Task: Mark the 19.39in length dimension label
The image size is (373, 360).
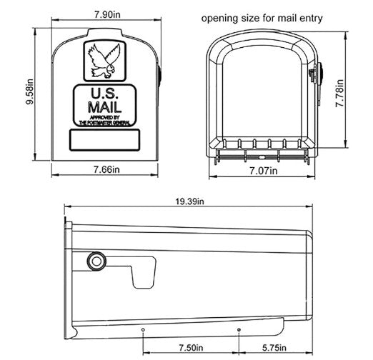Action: tap(191, 202)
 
